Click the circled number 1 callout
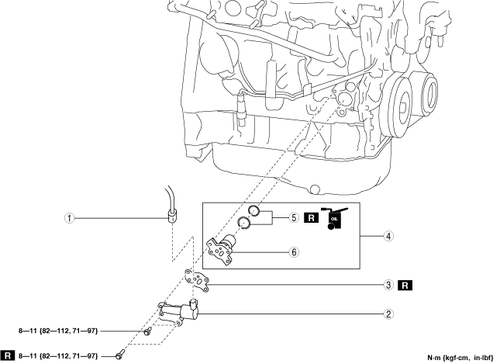point(70,219)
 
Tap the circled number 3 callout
point(389,285)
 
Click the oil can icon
point(335,218)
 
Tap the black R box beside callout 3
point(405,285)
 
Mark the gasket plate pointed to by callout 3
point(197,282)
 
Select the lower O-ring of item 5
point(244,224)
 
